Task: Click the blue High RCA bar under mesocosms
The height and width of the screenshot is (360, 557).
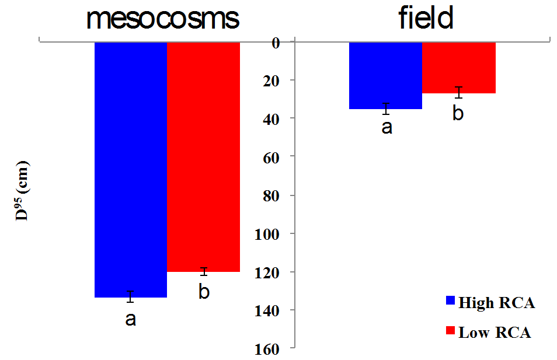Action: coord(131,169)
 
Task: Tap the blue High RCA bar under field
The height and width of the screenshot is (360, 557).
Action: coord(385,75)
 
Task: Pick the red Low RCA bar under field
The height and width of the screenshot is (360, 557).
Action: coord(458,68)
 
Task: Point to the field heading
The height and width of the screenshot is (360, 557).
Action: coord(426,19)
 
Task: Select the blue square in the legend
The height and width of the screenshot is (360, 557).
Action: coord(450,301)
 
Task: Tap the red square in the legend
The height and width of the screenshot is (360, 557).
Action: coord(450,331)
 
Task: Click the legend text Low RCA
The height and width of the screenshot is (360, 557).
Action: coord(495,333)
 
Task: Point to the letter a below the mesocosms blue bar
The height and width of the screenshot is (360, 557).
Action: coord(131,319)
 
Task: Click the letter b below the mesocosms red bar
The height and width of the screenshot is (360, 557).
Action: coord(204,291)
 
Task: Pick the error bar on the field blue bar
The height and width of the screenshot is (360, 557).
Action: coord(386,109)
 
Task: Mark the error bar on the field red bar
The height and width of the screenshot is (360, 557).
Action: coord(459,92)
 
